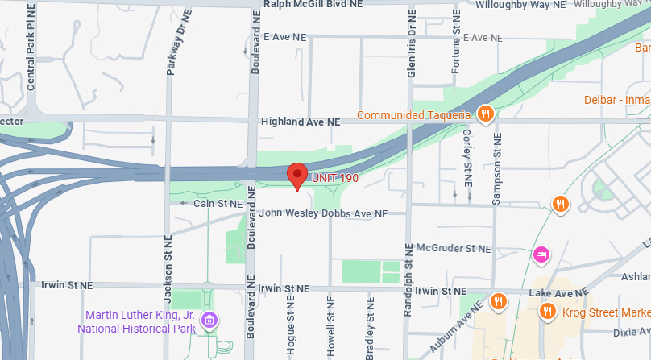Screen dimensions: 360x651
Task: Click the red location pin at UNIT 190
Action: click(298, 175)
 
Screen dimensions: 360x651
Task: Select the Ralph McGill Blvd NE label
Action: click(313, 4)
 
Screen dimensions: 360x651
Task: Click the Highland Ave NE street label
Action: click(300, 122)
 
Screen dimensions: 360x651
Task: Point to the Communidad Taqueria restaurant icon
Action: click(484, 114)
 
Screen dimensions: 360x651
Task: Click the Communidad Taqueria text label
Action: click(413, 114)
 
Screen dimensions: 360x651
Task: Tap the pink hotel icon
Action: click(541, 254)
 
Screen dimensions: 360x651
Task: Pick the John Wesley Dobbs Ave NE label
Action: click(323, 213)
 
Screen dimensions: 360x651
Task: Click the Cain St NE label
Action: click(218, 205)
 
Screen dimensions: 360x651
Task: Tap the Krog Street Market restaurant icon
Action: click(548, 312)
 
